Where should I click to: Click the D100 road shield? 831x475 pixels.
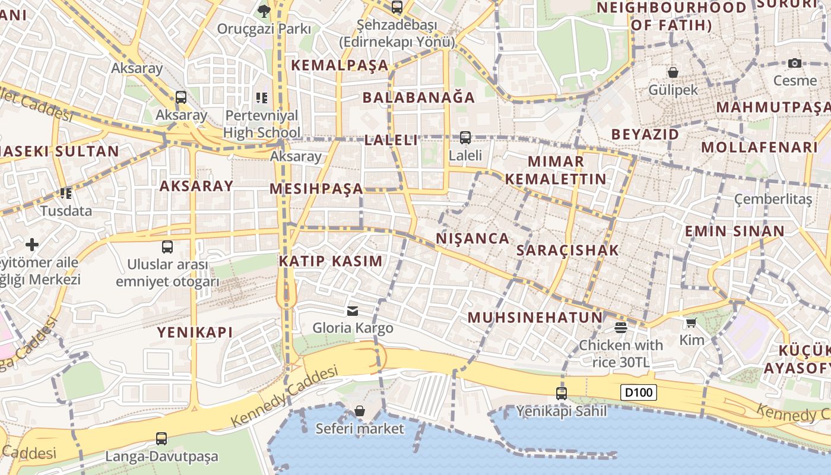tap(639, 392)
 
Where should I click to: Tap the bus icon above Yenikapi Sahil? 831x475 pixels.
tap(561, 393)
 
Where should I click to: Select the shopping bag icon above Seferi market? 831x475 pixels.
tap(359, 411)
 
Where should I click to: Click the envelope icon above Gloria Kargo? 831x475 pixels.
tap(353, 311)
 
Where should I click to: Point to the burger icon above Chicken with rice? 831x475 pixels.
tap(621, 328)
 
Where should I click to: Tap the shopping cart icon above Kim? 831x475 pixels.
tap(691, 322)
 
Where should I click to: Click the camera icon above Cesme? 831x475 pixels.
tap(795, 63)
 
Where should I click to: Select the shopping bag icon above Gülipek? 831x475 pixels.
tap(673, 72)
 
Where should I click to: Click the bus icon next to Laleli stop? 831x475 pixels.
tap(465, 138)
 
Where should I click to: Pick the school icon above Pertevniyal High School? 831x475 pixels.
tap(262, 97)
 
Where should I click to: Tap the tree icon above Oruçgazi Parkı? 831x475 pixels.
tap(264, 10)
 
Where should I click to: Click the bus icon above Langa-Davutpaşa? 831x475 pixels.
tap(161, 439)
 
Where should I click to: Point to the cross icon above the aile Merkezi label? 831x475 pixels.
tap(32, 244)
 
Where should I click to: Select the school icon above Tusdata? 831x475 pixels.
tap(66, 193)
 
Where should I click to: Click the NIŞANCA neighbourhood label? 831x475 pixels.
tap(472, 239)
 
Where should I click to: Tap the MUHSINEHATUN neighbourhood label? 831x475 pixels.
tap(535, 317)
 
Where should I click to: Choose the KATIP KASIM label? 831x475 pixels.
tap(331, 261)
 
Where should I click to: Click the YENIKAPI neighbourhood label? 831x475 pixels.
tap(195, 332)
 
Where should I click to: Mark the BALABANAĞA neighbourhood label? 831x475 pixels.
tap(418, 97)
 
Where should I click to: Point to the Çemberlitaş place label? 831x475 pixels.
tap(773, 199)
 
